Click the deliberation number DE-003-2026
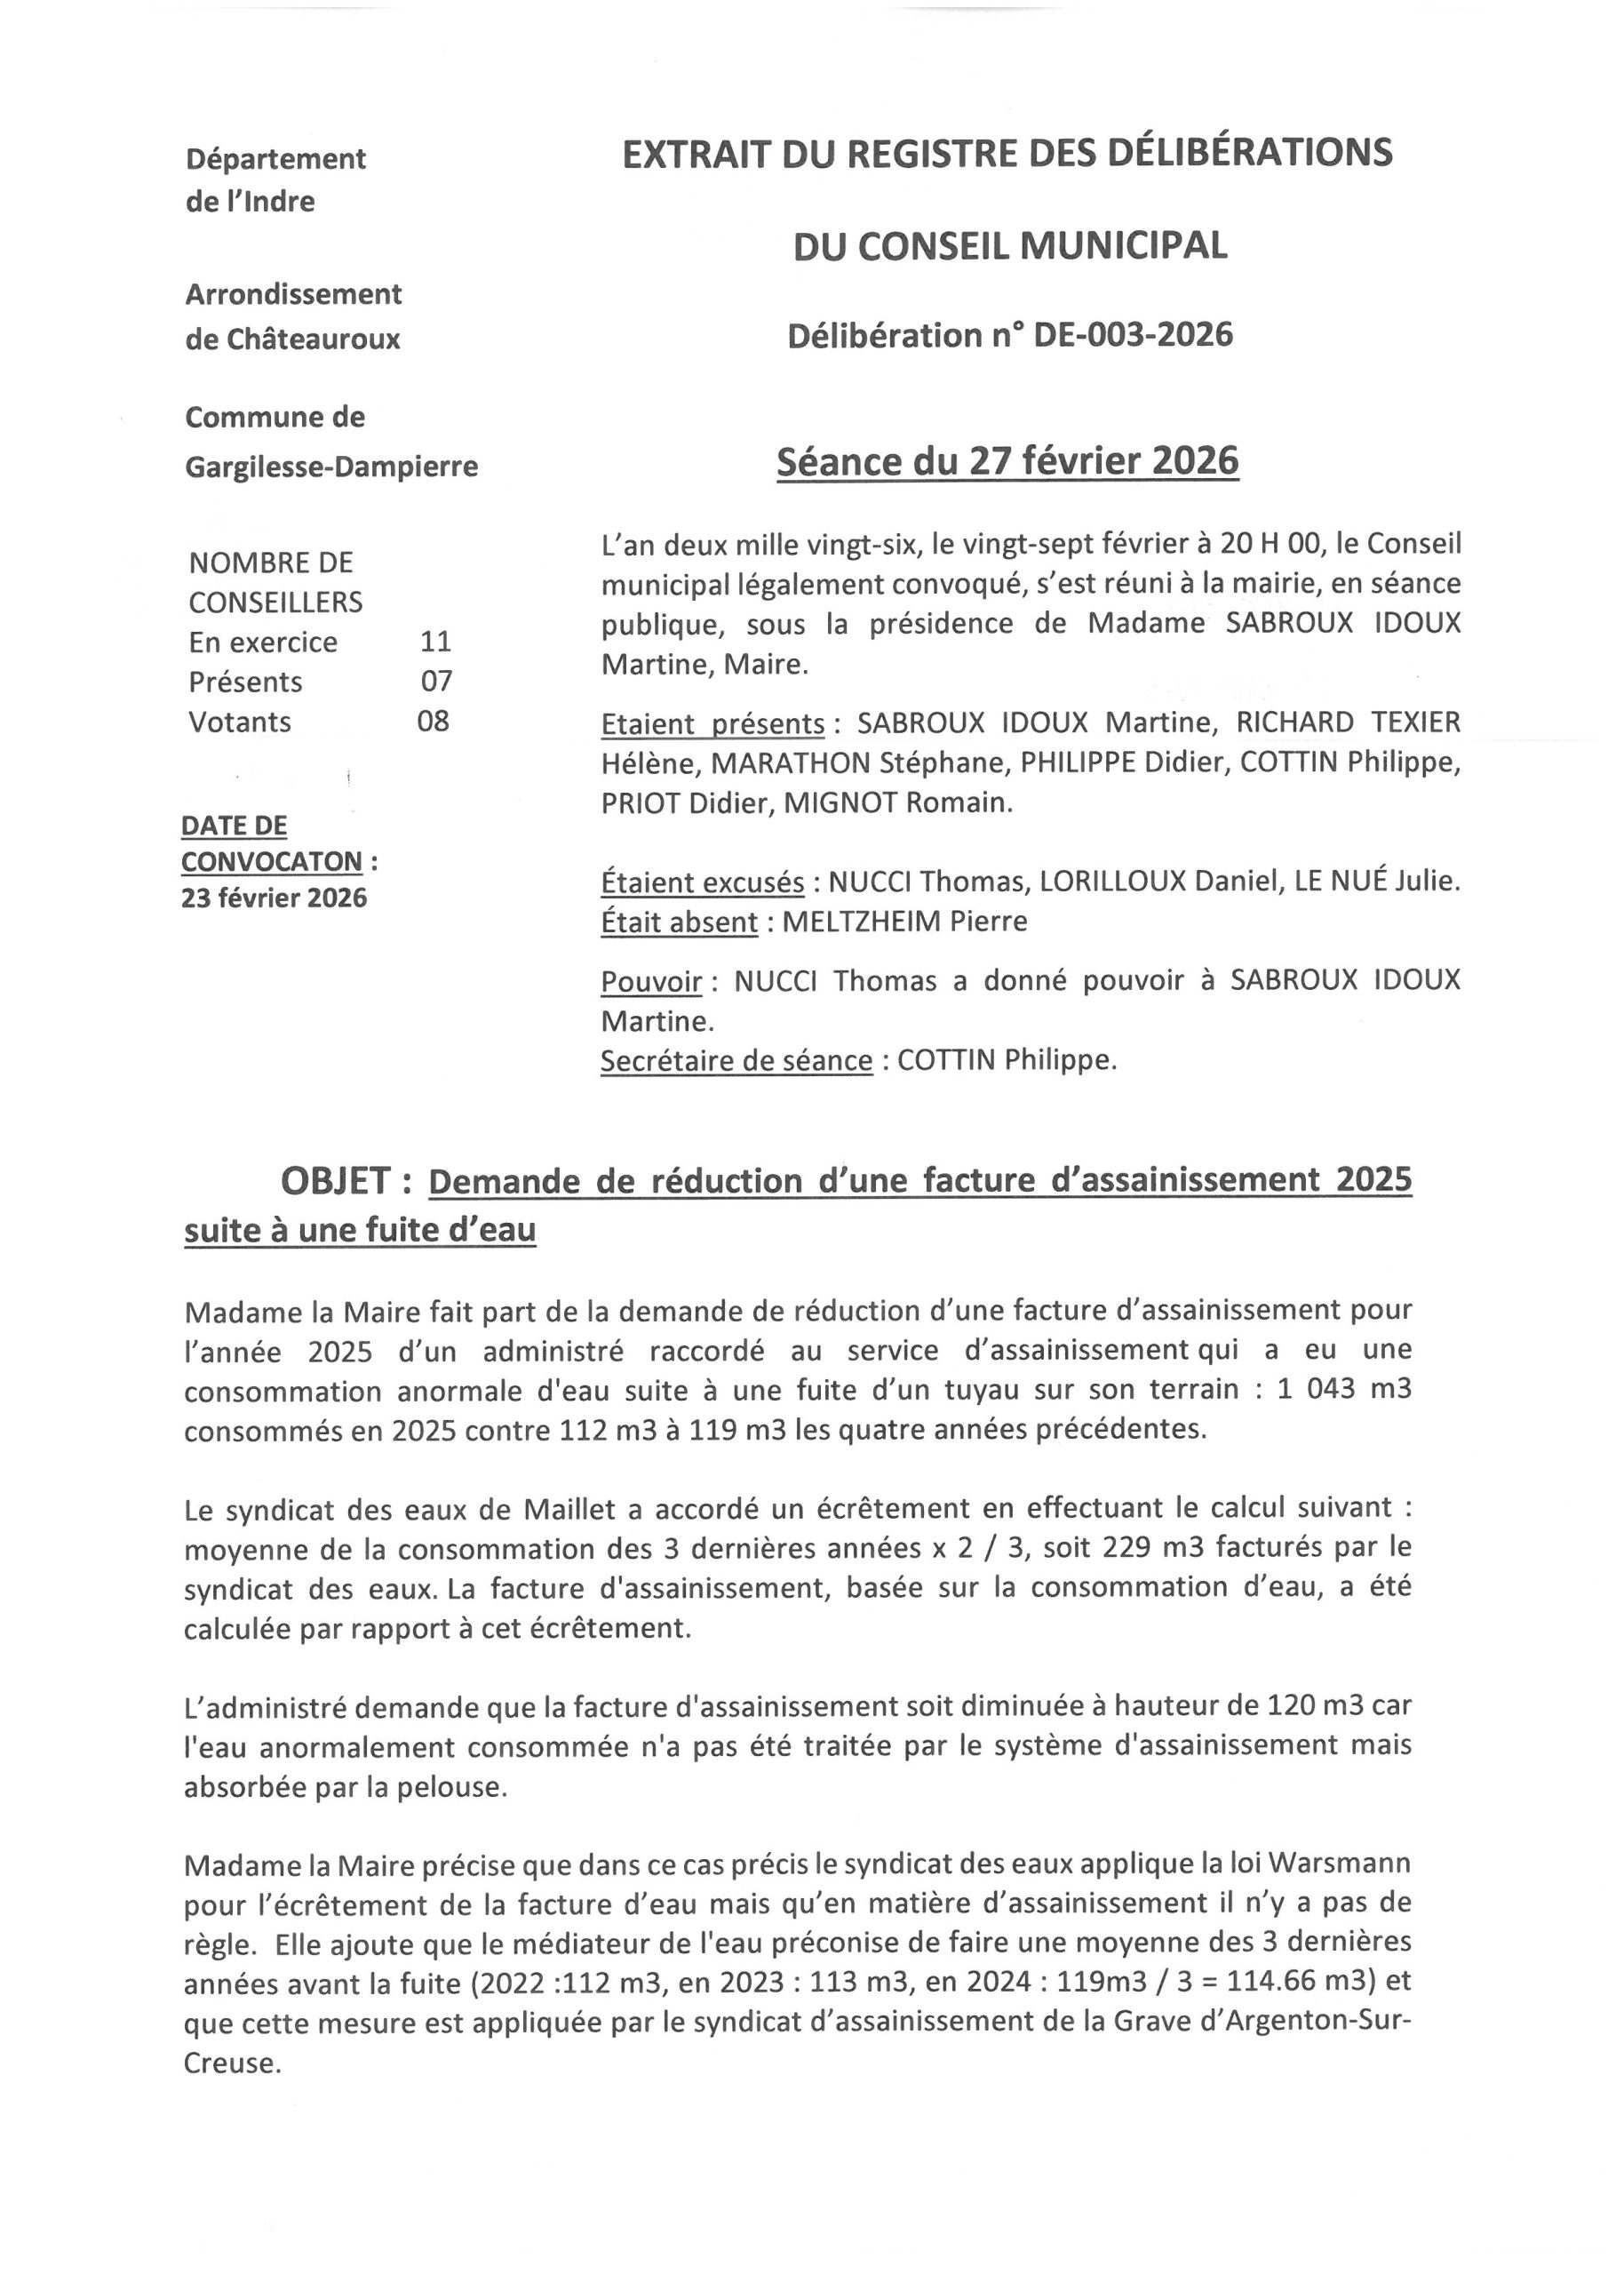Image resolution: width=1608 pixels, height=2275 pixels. [x=1134, y=336]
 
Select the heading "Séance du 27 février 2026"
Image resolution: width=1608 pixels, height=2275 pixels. [x=1007, y=462]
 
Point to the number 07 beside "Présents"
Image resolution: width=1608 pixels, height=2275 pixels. [x=435, y=681]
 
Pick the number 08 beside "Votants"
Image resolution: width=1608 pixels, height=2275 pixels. [x=433, y=721]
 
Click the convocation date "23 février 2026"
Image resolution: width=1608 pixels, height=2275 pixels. [x=274, y=898]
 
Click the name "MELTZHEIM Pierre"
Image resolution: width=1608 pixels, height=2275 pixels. [x=904, y=922]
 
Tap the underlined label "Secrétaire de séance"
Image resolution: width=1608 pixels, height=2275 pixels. [x=736, y=1060]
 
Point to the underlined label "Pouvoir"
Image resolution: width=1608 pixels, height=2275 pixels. [x=651, y=981]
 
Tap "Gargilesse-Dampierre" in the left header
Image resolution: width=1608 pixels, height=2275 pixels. [x=330, y=466]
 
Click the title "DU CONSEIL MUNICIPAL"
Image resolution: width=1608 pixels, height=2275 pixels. [x=1009, y=244]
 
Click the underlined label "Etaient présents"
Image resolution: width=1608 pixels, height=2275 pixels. [x=712, y=723]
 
